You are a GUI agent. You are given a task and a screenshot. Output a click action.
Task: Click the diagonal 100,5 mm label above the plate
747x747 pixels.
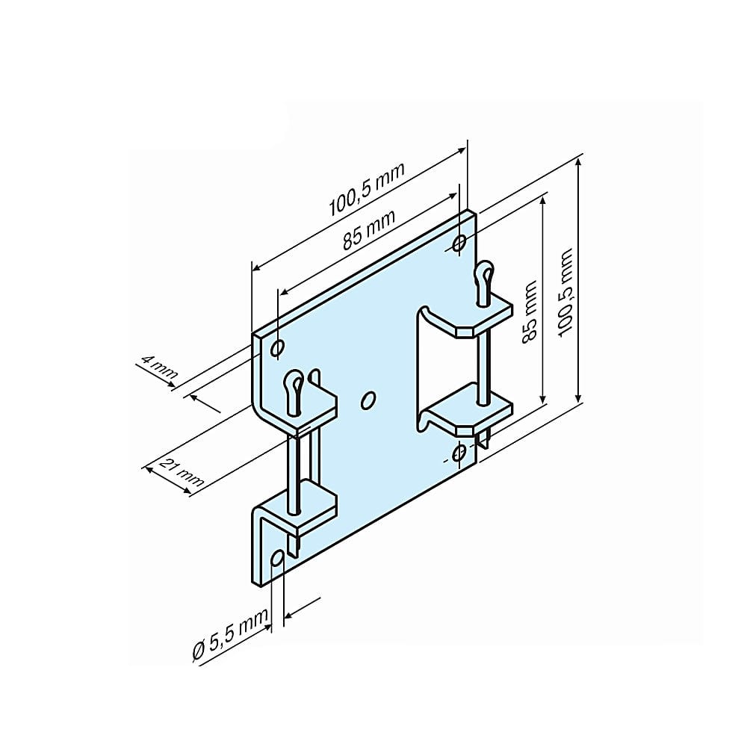pos(366,189)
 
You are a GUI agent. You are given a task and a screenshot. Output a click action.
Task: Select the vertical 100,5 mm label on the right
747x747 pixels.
pos(565,293)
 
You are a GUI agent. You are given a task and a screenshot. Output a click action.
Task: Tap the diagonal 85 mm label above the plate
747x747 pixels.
pos(369,230)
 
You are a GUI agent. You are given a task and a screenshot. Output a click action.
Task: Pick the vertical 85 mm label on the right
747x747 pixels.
pos(530,311)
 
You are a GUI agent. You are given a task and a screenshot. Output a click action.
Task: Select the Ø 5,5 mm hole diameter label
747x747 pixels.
pos(231,635)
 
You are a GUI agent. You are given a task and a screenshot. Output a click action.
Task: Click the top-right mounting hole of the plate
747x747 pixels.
pos(459,243)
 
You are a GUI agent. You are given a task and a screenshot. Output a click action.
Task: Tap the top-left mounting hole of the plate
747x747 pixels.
pos(277,348)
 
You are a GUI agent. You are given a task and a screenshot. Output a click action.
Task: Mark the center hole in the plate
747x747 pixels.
pos(368,400)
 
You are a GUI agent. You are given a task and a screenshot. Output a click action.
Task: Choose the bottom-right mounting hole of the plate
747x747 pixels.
pos(459,453)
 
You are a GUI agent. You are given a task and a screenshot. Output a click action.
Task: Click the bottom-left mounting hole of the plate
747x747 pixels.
pos(278,558)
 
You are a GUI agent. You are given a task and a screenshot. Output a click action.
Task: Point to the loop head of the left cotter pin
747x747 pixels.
pos(294,385)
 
